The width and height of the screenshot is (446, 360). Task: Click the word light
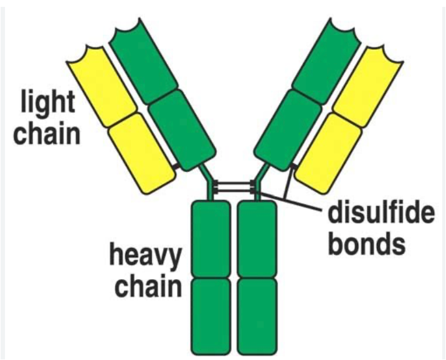point(47,103)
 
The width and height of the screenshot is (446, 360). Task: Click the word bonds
point(366,244)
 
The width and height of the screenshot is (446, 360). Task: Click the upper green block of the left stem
point(210,239)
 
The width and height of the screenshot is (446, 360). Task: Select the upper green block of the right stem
point(256,239)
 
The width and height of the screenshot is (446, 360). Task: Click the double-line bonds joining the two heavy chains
point(233,186)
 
